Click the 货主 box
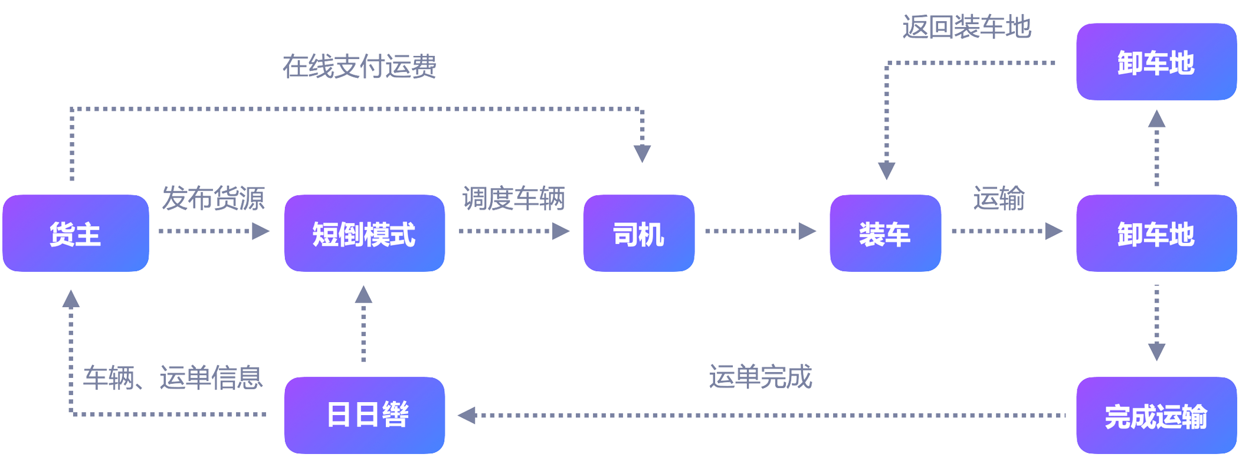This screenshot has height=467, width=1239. click(76, 233)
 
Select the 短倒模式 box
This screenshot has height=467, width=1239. click(364, 233)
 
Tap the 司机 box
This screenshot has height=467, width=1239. click(638, 233)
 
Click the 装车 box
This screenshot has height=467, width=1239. click(884, 233)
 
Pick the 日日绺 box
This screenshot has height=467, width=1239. click(364, 415)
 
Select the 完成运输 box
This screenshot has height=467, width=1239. click(1156, 416)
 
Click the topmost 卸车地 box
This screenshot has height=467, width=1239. click(1156, 62)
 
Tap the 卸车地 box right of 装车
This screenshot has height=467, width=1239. click(1156, 233)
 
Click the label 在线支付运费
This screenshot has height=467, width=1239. click(359, 67)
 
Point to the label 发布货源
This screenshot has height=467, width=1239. click(214, 198)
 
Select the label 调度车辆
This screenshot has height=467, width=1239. click(513, 198)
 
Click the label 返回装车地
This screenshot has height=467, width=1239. click(966, 27)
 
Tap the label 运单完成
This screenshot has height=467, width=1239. click(760, 377)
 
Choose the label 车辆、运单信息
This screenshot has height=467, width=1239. click(172, 377)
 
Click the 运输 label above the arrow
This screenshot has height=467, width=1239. click(998, 198)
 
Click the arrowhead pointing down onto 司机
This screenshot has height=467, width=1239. click(642, 153)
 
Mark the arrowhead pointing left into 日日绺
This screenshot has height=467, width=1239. click(467, 415)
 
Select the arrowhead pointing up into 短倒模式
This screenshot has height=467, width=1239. click(363, 294)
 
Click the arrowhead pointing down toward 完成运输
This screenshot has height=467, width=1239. click(1156, 352)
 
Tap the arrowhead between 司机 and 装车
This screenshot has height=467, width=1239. click(807, 231)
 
